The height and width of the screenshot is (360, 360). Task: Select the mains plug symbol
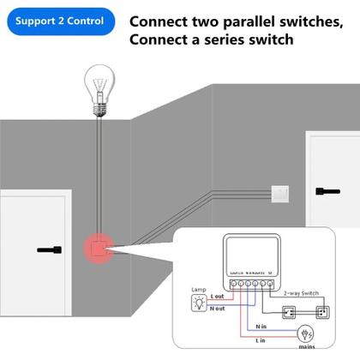click(304, 334)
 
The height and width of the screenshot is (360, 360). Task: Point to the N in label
click(261, 326)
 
